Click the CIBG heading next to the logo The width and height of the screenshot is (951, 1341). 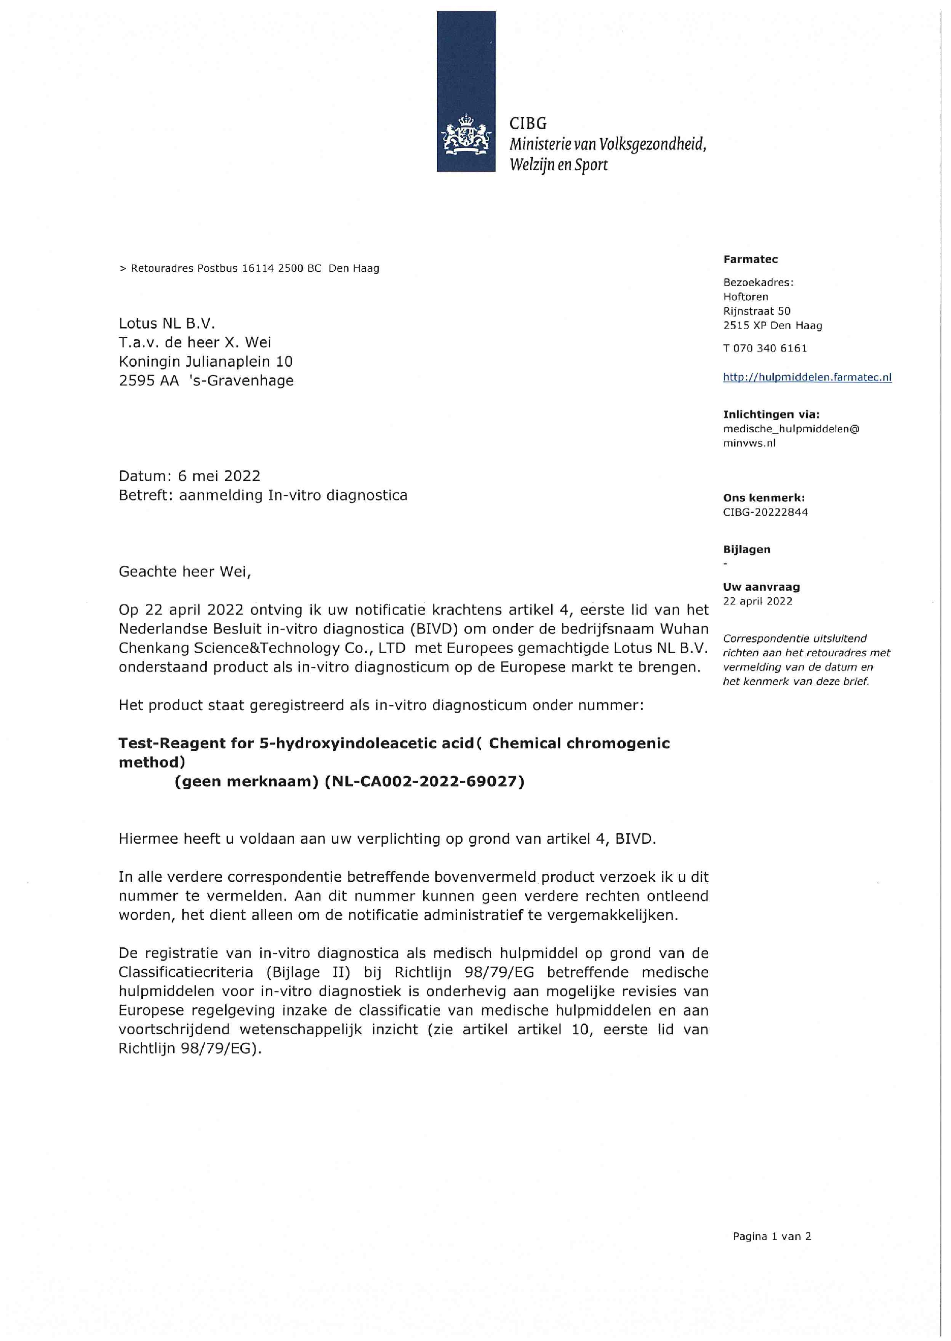coord(528,123)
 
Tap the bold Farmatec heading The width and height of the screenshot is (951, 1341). coord(750,260)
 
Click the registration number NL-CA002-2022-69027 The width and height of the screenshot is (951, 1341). coord(425,782)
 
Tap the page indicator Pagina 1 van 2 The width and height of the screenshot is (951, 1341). coord(771,1236)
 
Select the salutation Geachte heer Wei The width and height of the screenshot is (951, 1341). coord(184,571)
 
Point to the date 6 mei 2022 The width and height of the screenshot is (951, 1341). coord(219,476)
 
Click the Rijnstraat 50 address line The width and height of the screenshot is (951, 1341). coord(756,311)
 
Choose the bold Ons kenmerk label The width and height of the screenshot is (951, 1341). coord(764,498)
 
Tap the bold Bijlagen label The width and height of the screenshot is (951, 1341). coord(747,549)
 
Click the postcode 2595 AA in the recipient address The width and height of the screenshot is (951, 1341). coord(149,380)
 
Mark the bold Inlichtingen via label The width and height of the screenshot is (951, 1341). coord(771,414)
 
